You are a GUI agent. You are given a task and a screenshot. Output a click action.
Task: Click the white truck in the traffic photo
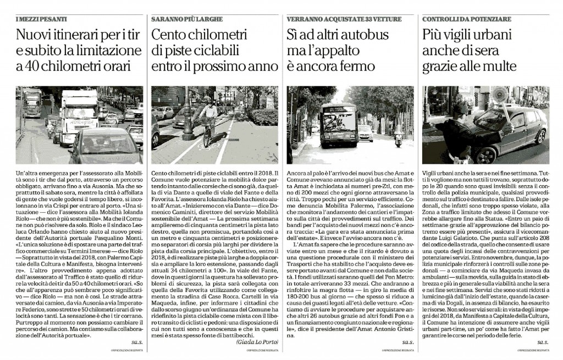78,113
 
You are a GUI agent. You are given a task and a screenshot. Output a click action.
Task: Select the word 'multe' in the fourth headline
500,67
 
